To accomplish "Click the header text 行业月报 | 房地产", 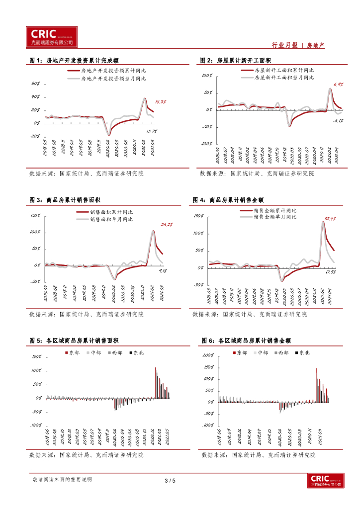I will tap(298, 45).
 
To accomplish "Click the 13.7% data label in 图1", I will tap(152, 131).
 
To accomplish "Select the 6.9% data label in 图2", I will tap(339, 85).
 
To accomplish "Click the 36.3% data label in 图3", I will tap(167, 225).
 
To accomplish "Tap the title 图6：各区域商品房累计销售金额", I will tap(246, 340).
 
